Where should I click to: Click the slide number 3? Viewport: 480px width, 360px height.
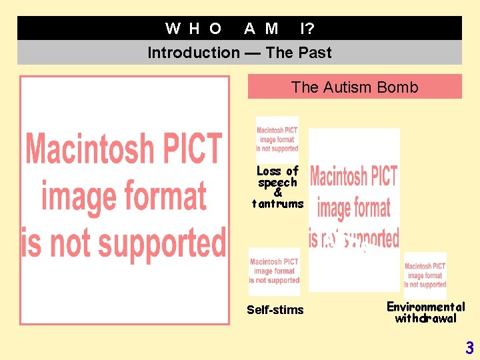click(469, 347)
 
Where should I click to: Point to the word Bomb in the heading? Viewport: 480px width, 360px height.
click(399, 87)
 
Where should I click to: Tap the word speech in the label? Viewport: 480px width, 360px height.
click(277, 182)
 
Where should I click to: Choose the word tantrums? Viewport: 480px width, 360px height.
click(277, 203)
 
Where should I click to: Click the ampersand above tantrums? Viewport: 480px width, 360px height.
click(277, 193)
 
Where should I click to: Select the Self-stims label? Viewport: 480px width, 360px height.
click(275, 310)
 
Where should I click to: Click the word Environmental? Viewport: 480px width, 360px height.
click(425, 307)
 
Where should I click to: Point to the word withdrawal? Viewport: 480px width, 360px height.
click(425, 319)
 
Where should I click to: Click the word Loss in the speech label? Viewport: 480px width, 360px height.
click(269, 171)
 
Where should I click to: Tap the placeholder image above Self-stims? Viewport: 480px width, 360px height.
click(274, 271)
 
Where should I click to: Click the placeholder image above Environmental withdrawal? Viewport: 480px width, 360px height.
click(425, 275)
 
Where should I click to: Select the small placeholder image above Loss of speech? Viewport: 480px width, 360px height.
click(277, 139)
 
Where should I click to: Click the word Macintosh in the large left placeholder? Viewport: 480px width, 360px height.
click(123, 148)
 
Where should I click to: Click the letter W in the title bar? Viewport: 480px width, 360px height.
click(173, 28)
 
